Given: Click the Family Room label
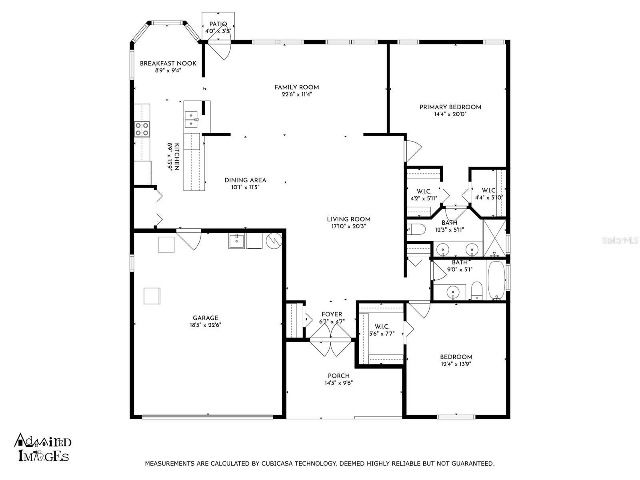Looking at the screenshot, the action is [x=296, y=87].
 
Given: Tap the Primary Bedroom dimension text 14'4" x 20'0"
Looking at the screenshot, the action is [x=450, y=114].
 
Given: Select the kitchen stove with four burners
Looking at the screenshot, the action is [x=142, y=129].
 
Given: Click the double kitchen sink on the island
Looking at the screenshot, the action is [x=191, y=120].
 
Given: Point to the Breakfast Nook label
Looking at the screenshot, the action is [x=168, y=63].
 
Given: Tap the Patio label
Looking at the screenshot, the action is [x=218, y=24].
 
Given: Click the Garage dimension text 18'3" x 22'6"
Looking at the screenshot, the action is [x=206, y=325].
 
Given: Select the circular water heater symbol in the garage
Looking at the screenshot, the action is [x=274, y=240].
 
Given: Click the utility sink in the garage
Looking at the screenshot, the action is [x=236, y=241].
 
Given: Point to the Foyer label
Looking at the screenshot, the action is [x=332, y=314].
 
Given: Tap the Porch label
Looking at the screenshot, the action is [x=338, y=376].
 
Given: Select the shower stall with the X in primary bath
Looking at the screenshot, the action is [x=494, y=238].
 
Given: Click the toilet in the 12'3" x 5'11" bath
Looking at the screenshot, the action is [x=416, y=229].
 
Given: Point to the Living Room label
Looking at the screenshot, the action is [x=348, y=219].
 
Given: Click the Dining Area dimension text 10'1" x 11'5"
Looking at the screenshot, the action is [x=245, y=187].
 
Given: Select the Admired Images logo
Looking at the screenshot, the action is [x=43, y=448].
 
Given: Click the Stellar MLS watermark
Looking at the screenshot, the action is [x=620, y=240].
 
